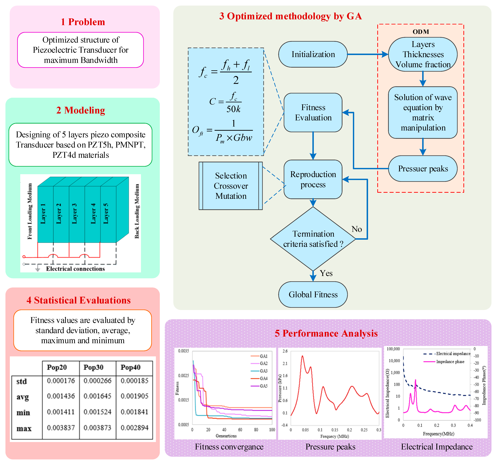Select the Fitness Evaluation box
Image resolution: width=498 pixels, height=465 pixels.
tap(313, 112)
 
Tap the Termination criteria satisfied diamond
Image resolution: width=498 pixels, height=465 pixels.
tap(313, 239)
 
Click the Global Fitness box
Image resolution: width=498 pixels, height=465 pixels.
tap(313, 294)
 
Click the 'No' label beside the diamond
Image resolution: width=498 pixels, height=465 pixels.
tap(356, 229)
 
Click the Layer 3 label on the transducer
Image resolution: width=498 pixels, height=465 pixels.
tap(74, 214)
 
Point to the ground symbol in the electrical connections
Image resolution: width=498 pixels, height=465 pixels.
tap(38, 268)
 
